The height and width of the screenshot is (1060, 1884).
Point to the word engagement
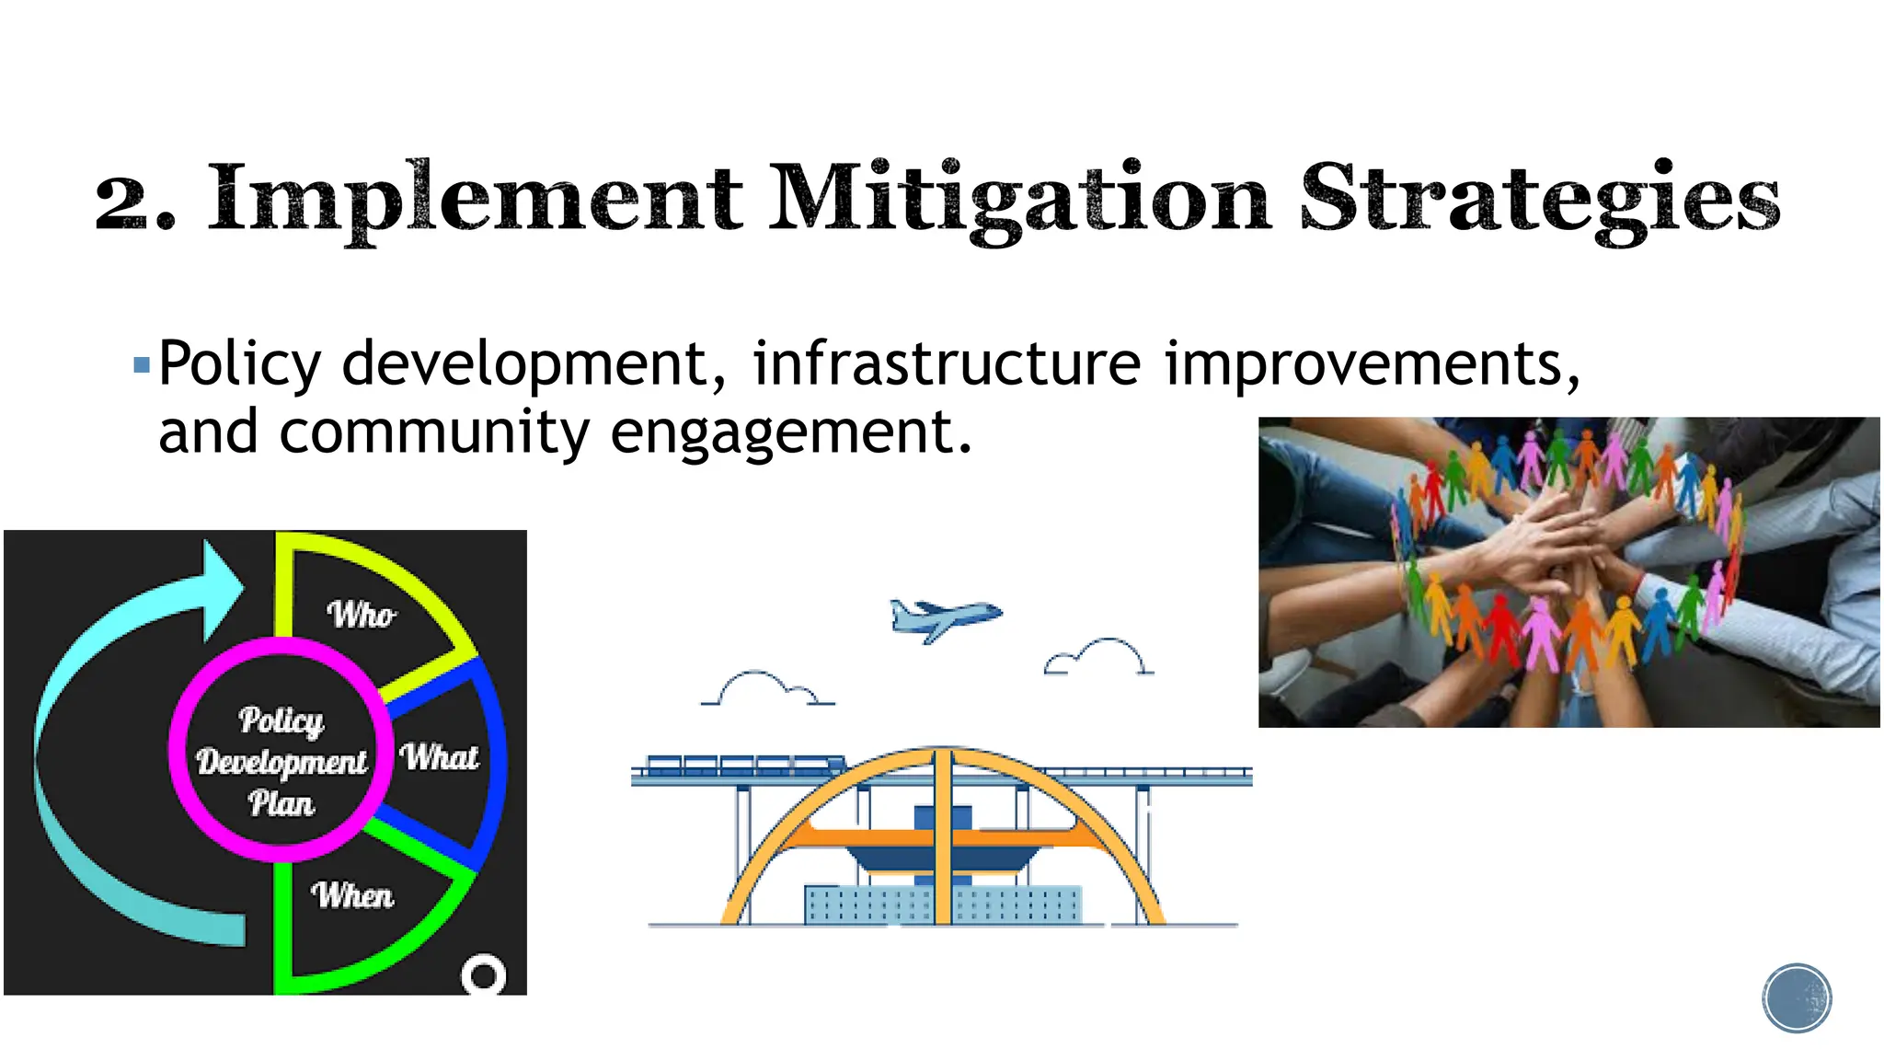790,432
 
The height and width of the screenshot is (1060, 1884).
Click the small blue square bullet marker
142,366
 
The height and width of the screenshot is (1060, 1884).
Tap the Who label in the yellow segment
362,614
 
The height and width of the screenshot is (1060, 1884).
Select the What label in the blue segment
439,757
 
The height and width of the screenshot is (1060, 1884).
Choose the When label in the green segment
352,894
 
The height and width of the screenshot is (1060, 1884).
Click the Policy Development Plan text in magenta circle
281,761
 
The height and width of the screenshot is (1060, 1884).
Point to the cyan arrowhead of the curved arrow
222,589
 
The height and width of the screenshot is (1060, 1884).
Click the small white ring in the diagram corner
483,974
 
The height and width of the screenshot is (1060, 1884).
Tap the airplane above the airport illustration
944,618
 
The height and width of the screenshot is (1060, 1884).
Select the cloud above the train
766,689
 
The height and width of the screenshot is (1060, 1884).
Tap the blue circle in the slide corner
1797,998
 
